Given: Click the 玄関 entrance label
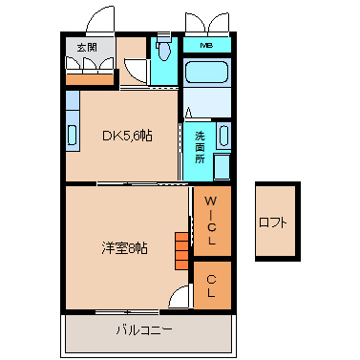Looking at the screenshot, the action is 87,48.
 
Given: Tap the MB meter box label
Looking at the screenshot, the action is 206,46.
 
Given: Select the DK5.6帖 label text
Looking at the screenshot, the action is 127,137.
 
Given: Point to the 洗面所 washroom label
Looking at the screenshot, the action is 200,148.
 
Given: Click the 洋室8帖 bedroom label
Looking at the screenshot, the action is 124,247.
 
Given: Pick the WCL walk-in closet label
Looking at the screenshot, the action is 212,221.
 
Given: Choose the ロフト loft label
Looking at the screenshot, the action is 273,222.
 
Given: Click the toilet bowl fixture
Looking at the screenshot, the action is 164,49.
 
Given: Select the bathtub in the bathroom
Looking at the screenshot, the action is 207,72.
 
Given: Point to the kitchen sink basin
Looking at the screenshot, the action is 73,136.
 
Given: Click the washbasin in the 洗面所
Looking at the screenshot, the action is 223,136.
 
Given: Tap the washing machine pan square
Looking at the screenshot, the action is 222,167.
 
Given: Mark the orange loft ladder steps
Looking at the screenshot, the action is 181,251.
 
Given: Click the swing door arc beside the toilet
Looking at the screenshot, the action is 136,72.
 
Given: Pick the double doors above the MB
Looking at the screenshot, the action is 207,23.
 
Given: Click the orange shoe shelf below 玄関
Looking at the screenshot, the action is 90,79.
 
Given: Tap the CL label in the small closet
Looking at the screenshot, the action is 211,286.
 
